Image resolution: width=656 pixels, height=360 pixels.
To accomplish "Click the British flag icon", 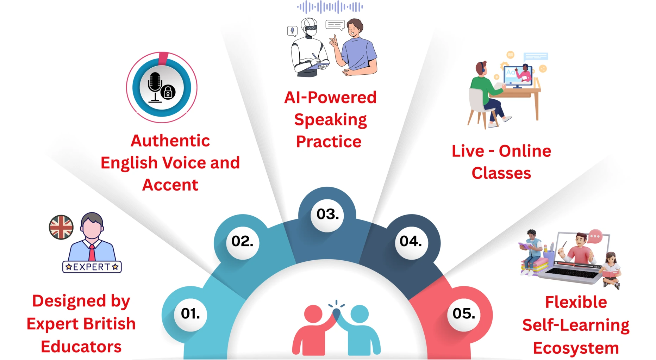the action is (x=61, y=227).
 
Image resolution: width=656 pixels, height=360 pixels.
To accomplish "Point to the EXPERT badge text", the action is (x=92, y=267).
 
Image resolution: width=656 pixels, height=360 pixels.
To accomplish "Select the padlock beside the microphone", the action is (x=168, y=92).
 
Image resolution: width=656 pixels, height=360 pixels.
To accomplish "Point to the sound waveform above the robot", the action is (x=330, y=7).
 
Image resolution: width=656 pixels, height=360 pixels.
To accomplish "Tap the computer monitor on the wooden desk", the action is (x=518, y=76).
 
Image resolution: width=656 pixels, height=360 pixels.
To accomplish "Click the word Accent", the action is (x=170, y=185).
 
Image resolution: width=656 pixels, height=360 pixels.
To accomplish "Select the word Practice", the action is (x=329, y=142).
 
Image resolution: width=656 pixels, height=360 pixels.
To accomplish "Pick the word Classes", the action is (x=501, y=173).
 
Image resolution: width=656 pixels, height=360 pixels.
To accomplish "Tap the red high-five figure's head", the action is (x=313, y=314).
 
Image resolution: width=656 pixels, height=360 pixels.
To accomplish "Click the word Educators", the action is (x=81, y=347).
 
